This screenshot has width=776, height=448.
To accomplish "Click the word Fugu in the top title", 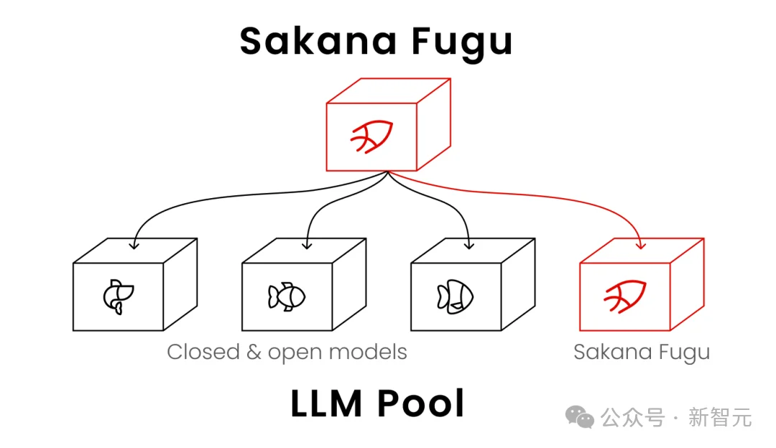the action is coord(462,44).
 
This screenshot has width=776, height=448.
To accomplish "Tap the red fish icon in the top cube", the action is coord(371,136).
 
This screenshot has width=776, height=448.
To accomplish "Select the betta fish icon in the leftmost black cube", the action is coord(119,297).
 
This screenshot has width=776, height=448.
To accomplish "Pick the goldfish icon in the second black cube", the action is coord(287,297).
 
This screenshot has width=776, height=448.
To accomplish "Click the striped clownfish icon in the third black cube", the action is coord(456,297).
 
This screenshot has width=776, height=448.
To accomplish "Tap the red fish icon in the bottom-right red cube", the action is coord(625,297).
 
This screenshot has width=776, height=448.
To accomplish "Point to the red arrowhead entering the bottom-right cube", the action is coord(641,244).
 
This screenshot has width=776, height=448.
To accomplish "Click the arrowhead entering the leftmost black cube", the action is coord(134,244).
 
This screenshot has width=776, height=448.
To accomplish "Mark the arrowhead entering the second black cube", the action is coord(308,244).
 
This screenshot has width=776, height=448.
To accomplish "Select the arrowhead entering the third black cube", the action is coord(469,244).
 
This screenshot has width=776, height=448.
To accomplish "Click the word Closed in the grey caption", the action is coord(203,352).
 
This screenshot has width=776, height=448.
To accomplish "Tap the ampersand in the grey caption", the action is coord(254,353).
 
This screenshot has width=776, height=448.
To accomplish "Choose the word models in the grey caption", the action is coord(368,352).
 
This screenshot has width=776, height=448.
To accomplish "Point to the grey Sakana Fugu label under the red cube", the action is coord(642,353).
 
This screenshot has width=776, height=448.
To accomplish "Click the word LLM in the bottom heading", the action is coord(327,403).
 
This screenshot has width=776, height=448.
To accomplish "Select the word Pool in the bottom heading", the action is coord(420,403).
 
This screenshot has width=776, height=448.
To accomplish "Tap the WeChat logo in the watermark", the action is coord(580,417).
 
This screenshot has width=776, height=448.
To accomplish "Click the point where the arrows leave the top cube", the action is coord(388,172).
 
